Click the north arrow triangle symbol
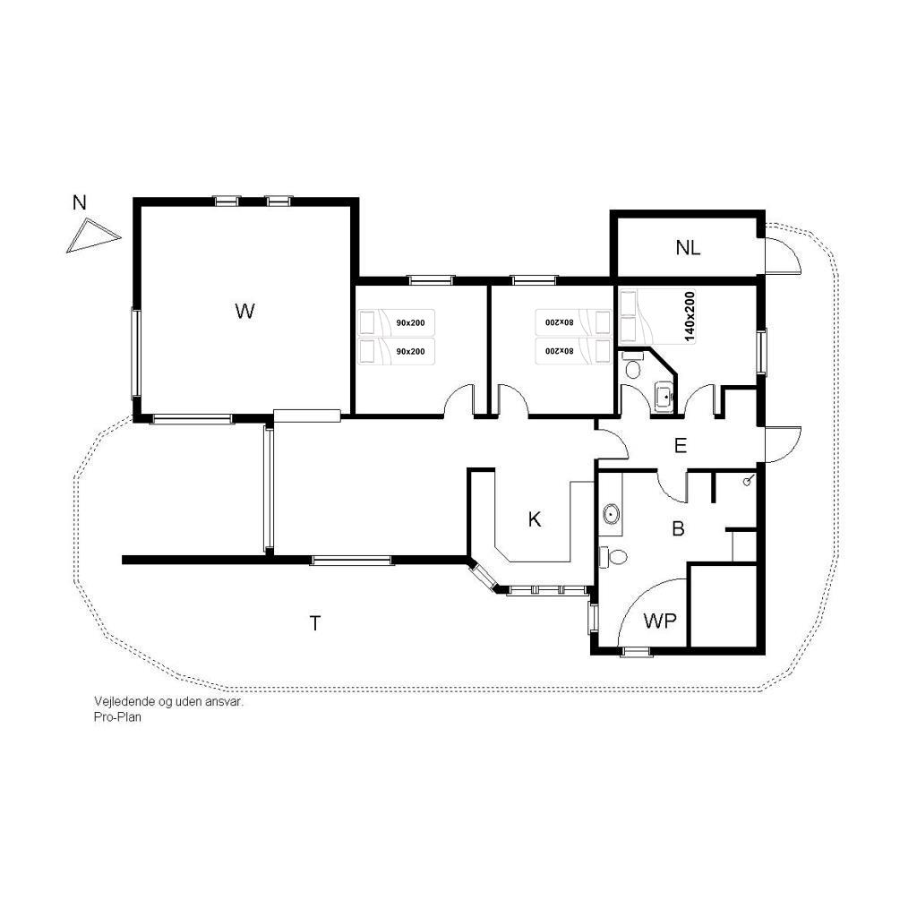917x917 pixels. click(x=93, y=236)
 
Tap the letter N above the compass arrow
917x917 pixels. click(x=79, y=203)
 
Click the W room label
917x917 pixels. click(x=245, y=311)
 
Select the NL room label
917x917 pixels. click(x=688, y=248)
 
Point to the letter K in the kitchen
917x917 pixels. click(x=535, y=519)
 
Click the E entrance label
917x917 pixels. click(x=681, y=446)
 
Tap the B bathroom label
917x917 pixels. click(x=679, y=528)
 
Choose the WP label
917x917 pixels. click(x=660, y=621)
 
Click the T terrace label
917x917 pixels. click(x=315, y=623)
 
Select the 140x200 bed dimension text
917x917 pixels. click(x=690, y=316)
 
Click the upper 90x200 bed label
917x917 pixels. click(x=410, y=322)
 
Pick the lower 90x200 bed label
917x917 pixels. click(x=410, y=351)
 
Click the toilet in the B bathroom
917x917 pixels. click(x=613, y=557)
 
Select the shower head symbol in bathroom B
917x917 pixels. click(x=748, y=481)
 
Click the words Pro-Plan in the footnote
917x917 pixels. click(x=117, y=717)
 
